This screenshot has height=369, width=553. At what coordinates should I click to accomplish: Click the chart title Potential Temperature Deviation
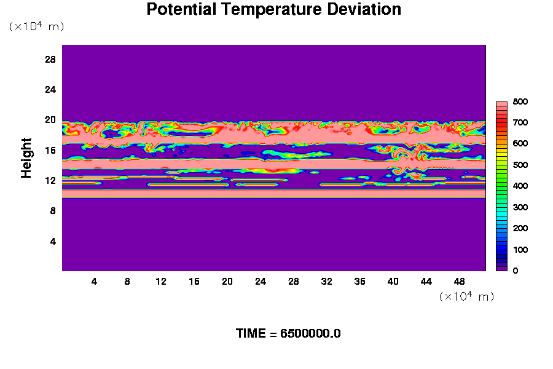[x=273, y=9]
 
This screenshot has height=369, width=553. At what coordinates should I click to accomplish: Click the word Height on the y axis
[x=26, y=158]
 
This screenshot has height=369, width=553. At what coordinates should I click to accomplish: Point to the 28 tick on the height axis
[x=50, y=60]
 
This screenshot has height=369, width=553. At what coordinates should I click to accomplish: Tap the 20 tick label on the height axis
[x=50, y=120]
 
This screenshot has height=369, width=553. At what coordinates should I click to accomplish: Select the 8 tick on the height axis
[x=53, y=211]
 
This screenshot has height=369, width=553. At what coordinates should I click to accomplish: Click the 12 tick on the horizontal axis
[x=161, y=282]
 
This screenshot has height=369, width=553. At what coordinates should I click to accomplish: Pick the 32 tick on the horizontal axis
[x=327, y=282]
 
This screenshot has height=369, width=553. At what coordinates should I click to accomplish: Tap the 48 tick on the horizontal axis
[x=460, y=282]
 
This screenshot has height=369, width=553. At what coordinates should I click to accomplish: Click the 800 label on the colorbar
[x=520, y=101]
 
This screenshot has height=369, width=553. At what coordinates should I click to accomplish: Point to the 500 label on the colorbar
[x=520, y=165]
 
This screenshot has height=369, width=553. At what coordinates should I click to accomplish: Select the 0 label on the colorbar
[x=516, y=271]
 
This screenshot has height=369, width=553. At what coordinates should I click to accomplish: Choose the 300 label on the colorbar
[x=520, y=207]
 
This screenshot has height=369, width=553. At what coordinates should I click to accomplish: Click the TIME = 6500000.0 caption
[x=288, y=334]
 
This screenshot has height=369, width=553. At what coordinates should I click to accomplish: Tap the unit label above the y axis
[x=37, y=26]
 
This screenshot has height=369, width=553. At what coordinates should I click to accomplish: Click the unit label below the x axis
[x=466, y=296]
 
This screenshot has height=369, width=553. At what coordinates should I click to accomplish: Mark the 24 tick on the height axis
[x=50, y=90]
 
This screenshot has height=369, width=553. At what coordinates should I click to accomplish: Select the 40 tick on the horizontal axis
[x=393, y=282]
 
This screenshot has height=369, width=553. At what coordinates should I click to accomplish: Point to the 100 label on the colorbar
[x=520, y=250]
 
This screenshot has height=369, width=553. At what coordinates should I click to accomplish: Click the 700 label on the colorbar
[x=520, y=122]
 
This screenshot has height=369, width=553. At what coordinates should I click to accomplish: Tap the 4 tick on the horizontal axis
[x=94, y=282]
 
